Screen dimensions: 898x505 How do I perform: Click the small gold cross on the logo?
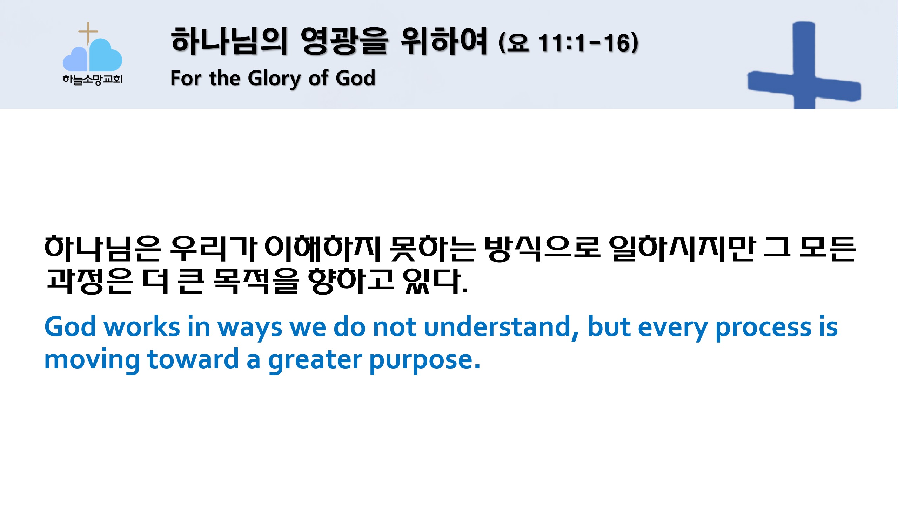pos(88,32)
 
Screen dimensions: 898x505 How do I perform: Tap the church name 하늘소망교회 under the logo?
pos(93,80)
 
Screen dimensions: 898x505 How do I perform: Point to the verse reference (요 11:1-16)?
pos(569,43)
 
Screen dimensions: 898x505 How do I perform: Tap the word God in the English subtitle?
pos(355,78)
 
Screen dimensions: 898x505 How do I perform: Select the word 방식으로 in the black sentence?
pos(542,249)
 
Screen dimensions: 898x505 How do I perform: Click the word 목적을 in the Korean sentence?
pos(256,281)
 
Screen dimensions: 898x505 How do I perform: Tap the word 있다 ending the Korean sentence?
pos(435,281)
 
